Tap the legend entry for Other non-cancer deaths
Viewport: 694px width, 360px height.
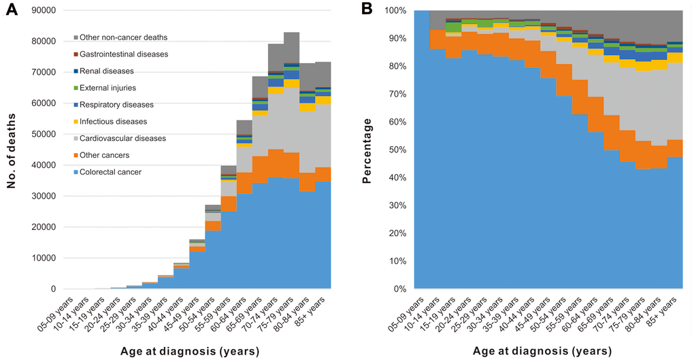coord(120,37)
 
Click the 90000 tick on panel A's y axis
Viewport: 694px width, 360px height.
coord(44,10)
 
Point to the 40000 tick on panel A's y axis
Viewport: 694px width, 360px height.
coord(44,165)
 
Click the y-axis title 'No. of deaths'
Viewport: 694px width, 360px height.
coord(14,149)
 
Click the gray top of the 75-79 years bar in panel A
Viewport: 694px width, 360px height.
coord(291,48)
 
